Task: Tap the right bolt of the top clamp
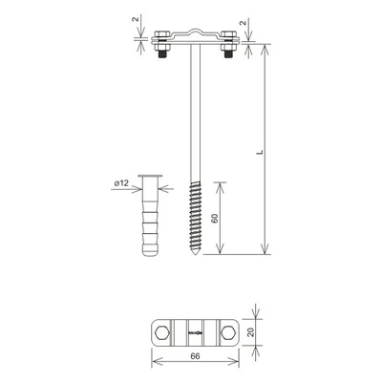(x=226, y=45)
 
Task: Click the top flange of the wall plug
(x=150, y=178)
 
